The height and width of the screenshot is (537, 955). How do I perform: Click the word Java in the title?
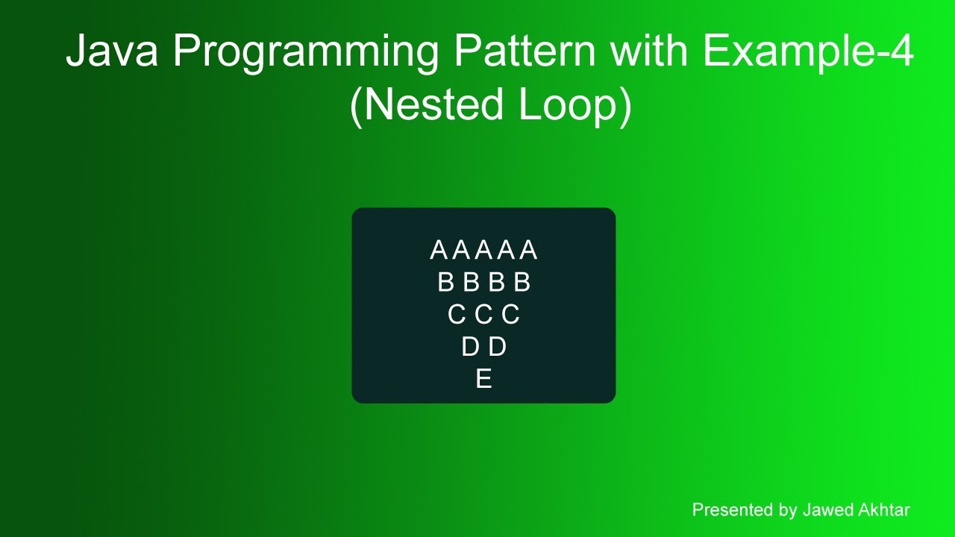point(112,52)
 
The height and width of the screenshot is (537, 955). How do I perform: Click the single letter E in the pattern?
point(483,380)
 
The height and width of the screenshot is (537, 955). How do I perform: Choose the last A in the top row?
point(529,251)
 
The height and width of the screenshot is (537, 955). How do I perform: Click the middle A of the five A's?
point(483,251)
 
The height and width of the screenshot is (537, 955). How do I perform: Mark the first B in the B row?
point(445,283)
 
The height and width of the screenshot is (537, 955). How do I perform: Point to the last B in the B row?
point(522,283)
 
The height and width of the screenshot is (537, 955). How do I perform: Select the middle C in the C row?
point(483,315)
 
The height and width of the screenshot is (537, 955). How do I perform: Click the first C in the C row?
point(456,315)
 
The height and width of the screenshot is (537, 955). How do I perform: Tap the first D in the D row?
point(470,348)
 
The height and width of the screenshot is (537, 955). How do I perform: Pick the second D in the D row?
point(498,348)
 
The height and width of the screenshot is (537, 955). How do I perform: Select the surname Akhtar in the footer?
point(883,510)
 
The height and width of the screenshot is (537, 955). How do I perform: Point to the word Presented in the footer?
point(732,510)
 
